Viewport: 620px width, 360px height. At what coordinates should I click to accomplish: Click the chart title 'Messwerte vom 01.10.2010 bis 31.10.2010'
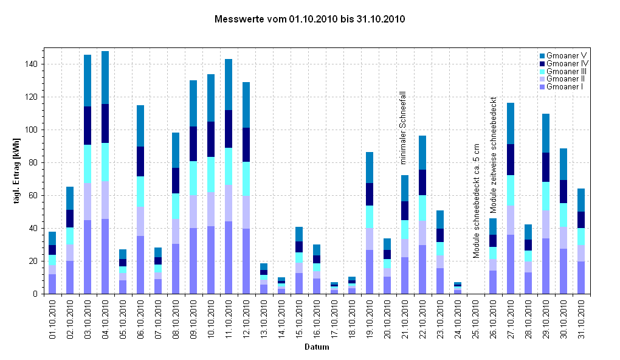coord(310,19)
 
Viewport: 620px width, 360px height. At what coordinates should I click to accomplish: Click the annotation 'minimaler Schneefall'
coord(402,128)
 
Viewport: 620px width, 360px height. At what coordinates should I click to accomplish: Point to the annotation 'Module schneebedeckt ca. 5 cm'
coord(477,201)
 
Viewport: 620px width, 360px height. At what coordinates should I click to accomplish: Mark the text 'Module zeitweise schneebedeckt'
coord(494,154)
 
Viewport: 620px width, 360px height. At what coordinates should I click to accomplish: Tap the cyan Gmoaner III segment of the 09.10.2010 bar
coord(193,178)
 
